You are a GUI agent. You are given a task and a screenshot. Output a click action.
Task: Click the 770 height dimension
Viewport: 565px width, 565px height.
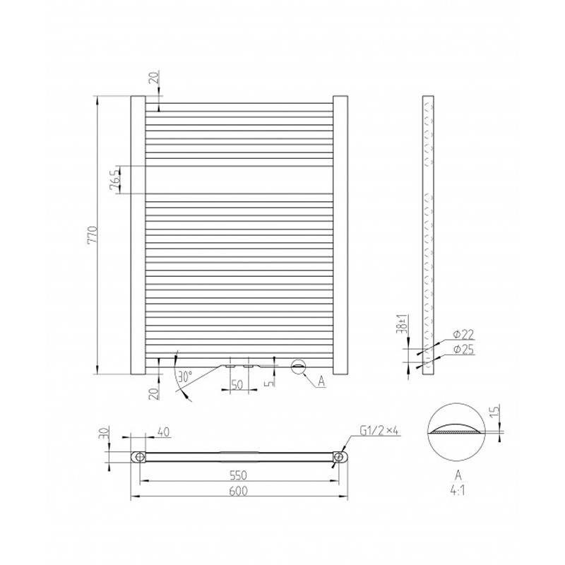[x=93, y=235]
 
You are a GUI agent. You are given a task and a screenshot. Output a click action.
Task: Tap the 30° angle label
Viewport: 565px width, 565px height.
[x=185, y=377]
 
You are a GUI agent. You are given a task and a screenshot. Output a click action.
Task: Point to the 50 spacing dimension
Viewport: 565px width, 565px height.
[x=237, y=384]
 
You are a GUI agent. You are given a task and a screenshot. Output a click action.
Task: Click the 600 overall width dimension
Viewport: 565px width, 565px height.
[x=239, y=491]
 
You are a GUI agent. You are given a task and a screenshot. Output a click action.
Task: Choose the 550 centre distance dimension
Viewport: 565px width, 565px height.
[x=239, y=475]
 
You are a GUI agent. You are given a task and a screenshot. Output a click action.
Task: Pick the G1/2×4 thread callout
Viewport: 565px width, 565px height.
[x=379, y=431]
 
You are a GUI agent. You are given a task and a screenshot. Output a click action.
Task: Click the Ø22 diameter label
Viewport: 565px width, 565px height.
[x=464, y=334]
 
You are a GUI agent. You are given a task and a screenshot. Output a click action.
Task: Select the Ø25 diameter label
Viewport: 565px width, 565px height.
[x=464, y=349]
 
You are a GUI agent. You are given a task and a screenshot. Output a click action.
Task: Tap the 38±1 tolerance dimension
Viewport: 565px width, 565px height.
[x=403, y=323]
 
